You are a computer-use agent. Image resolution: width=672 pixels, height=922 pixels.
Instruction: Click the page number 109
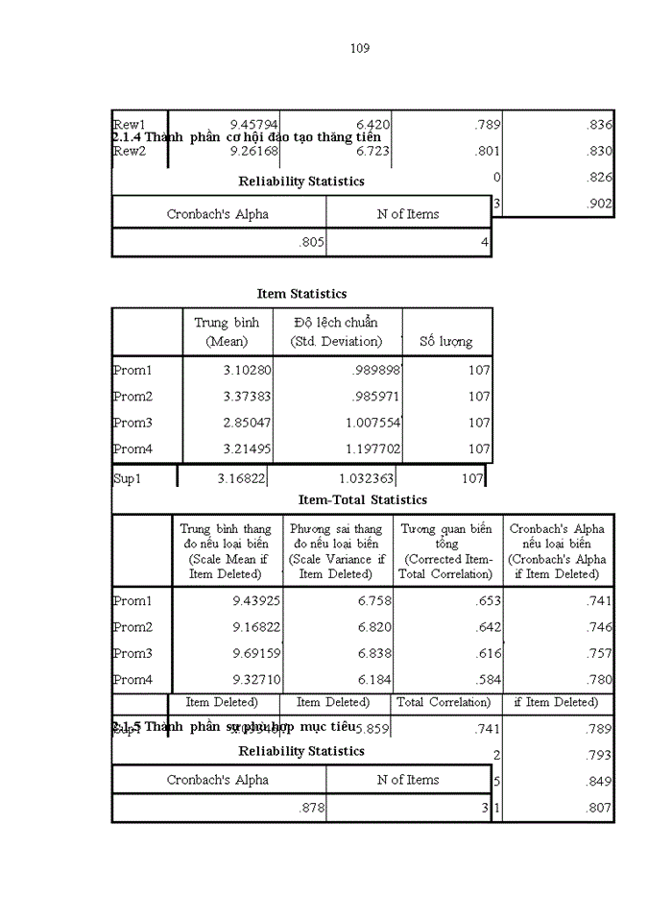(x=360, y=48)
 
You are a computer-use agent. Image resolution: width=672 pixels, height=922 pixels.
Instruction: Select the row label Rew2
(x=130, y=151)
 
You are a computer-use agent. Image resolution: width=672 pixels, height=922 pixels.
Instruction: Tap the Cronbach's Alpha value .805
(x=311, y=243)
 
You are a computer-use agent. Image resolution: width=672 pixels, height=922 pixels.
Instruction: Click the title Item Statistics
(x=301, y=294)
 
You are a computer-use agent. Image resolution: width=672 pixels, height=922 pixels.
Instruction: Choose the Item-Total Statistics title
(x=363, y=499)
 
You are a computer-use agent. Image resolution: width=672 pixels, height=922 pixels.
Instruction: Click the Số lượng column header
(x=446, y=341)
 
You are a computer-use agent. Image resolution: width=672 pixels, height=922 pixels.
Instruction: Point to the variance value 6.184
(x=365, y=679)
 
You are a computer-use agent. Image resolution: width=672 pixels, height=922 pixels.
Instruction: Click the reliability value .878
(x=311, y=809)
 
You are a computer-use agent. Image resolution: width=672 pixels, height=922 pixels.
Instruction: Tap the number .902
(x=597, y=203)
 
